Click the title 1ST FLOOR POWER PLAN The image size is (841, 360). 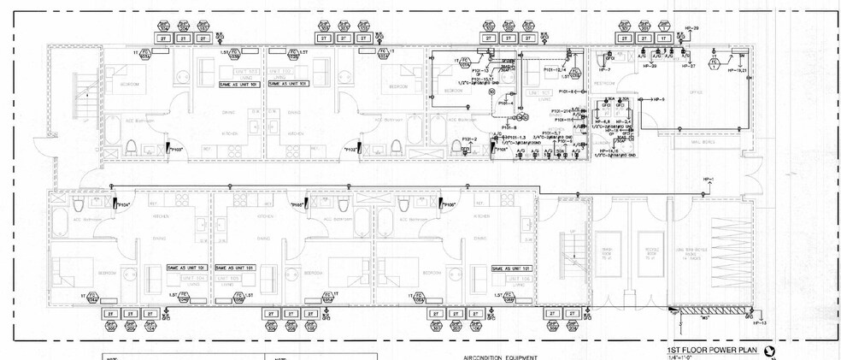(714, 351)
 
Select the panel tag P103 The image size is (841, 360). (177, 150)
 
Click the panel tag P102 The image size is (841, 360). (350, 150)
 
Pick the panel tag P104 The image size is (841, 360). (122, 205)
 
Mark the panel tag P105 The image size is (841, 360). (298, 205)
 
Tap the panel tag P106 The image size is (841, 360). (449, 205)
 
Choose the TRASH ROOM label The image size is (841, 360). (607, 255)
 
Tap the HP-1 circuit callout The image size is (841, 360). (707, 180)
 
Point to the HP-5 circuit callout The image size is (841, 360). (658, 99)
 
